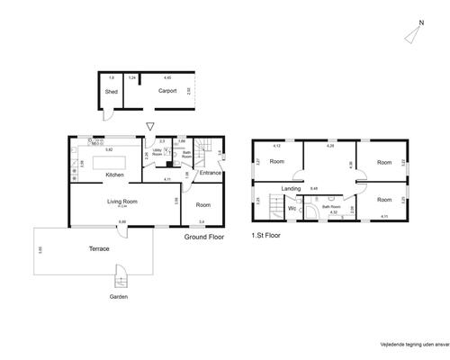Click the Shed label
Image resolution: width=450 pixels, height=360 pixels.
tap(112, 91)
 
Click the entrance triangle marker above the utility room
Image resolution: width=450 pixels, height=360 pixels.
tap(150, 127)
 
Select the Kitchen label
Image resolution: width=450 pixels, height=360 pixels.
tap(114, 175)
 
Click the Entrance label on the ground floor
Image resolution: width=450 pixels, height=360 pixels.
tap(211, 172)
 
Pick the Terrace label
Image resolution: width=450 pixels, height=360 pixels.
tap(98, 248)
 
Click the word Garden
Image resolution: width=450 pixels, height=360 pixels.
tap(119, 296)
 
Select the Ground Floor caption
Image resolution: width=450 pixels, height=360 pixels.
tap(203, 237)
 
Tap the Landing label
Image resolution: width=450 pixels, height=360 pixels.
tap(291, 188)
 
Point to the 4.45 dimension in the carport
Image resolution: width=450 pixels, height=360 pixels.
tap(167, 78)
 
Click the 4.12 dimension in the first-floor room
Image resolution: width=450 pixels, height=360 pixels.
tap(277, 146)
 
